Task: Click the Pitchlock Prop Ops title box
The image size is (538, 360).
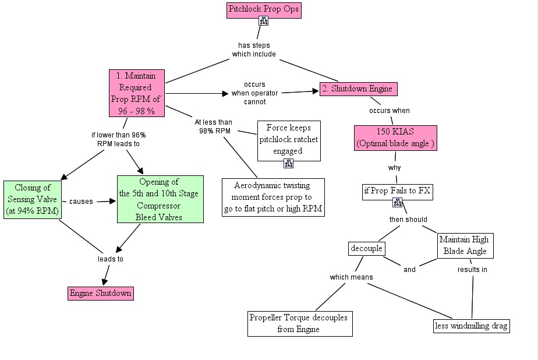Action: [264, 10]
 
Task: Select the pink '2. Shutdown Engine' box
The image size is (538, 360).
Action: [359, 89]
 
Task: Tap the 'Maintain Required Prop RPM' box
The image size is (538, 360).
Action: [137, 93]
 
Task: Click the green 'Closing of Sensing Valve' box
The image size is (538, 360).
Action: [33, 199]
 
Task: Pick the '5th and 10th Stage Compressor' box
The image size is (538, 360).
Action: [160, 199]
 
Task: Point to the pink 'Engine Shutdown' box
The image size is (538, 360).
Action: [101, 294]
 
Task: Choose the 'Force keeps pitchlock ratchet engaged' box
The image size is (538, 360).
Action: [289, 141]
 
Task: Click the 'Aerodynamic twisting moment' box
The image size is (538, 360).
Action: [273, 197]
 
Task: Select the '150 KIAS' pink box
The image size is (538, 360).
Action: [395, 138]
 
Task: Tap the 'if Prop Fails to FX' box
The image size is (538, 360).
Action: [397, 192]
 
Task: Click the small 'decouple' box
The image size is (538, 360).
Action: [366, 249]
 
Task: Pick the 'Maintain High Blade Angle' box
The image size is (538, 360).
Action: [465, 246]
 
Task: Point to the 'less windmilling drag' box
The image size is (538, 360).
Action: [472, 326]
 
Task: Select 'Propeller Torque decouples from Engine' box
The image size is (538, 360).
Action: [300, 324]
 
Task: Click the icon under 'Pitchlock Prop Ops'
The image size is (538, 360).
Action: [264, 21]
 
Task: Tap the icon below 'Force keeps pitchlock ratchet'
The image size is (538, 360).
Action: [289, 164]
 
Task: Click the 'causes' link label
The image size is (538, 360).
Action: [81, 202]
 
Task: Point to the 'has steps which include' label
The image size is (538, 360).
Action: [254, 50]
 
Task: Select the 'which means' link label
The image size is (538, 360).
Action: [351, 277]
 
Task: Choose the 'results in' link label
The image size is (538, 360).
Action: [472, 269]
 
